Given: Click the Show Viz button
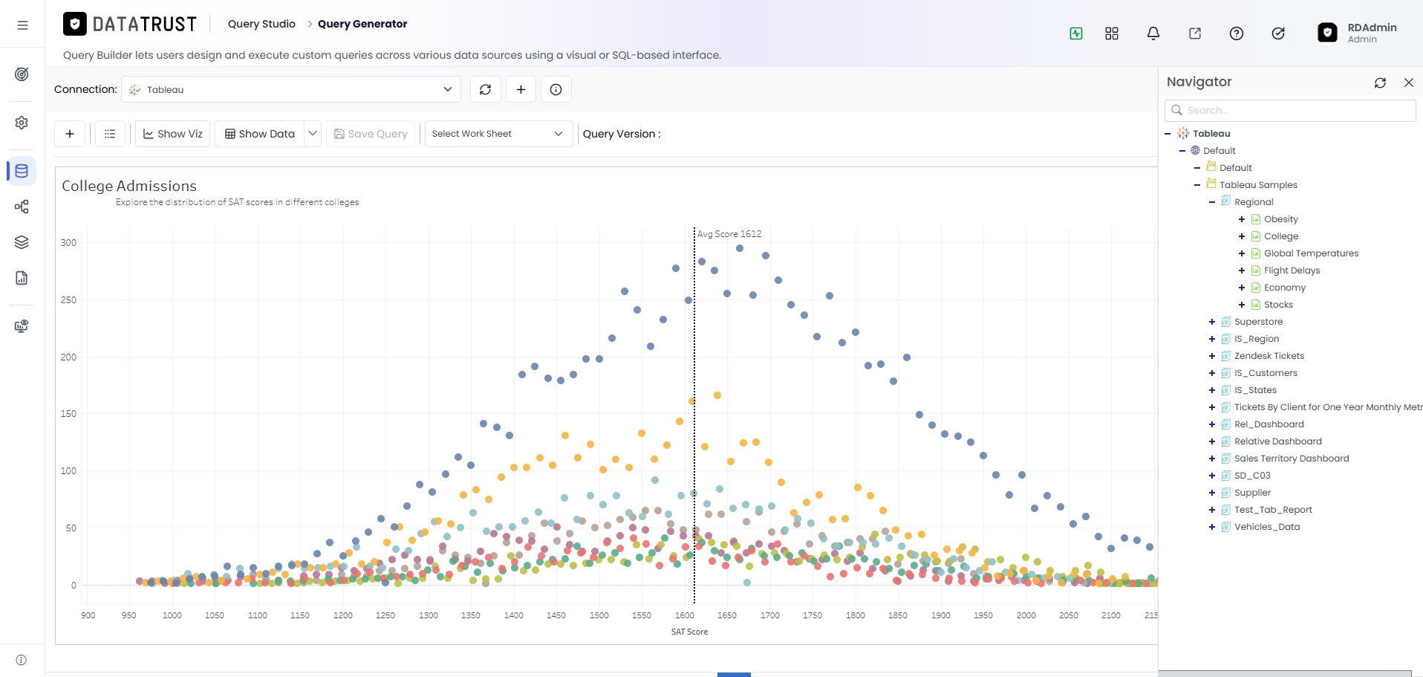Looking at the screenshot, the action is point(172,134).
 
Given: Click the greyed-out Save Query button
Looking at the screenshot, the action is point(371,134).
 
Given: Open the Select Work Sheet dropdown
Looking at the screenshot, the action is point(498,134).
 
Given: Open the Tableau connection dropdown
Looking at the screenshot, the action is point(291,89).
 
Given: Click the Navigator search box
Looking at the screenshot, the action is point(1290,110).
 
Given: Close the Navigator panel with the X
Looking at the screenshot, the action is point(1408,82).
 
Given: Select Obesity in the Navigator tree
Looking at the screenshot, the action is point(1281,219).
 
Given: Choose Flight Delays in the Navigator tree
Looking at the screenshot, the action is point(1292,271).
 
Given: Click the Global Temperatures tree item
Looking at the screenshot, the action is point(1312,253).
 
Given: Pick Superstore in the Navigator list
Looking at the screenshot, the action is point(1258,322).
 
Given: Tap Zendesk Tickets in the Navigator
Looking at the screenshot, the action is point(1269,356).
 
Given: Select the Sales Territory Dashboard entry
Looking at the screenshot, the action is point(1292,459).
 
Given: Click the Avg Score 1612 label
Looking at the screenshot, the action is point(729,234).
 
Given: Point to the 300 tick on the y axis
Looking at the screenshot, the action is point(68,243).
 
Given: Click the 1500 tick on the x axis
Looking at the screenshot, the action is point(599,615).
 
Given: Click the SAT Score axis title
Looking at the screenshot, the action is point(689,632).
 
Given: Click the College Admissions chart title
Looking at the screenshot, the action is point(129,186).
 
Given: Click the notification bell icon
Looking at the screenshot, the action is point(1153,33).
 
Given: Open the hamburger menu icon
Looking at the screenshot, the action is point(23,25).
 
